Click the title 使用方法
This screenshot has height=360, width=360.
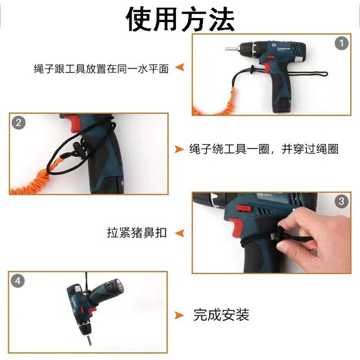[180, 19]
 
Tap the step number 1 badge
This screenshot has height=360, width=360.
[341, 44]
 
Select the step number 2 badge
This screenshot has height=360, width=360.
[19, 123]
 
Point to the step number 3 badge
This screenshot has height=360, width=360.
[340, 201]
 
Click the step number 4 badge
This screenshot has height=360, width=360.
[19, 281]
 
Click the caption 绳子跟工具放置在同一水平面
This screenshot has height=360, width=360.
[100, 69]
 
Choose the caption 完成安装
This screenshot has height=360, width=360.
[221, 316]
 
